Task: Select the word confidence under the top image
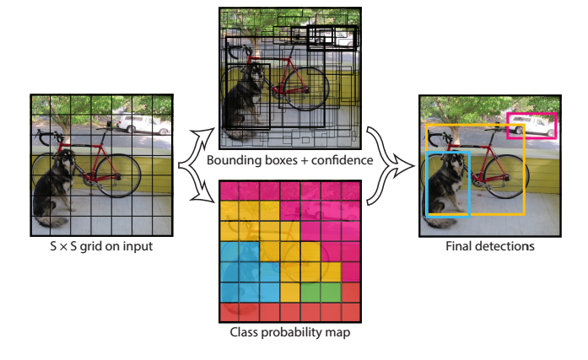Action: pos(337,160)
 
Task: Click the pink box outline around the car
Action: pos(531,115)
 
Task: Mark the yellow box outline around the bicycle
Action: pos(525,169)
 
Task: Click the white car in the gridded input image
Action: pos(140,124)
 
